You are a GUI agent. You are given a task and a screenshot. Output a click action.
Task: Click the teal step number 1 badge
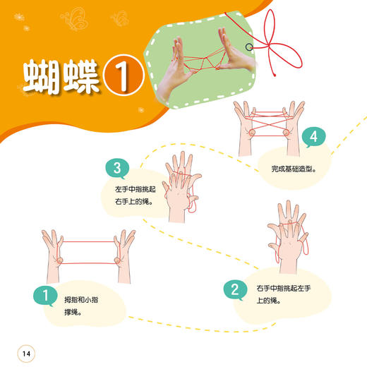coord(45,296)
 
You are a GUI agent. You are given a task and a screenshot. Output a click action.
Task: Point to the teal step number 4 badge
coord(312,137)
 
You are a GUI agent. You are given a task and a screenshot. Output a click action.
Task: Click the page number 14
coord(26,353)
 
